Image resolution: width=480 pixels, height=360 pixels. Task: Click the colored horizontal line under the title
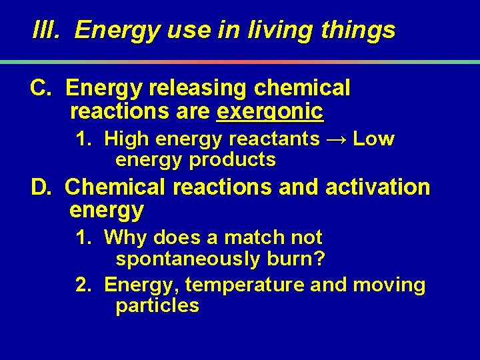(x=240, y=62)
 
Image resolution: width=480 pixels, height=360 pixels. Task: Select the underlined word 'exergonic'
(x=270, y=111)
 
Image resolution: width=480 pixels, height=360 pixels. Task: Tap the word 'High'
(x=127, y=139)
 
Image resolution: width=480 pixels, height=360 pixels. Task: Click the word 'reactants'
(x=274, y=139)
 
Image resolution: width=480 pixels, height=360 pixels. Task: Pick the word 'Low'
(x=373, y=139)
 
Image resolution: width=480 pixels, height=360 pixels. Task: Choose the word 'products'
(x=233, y=160)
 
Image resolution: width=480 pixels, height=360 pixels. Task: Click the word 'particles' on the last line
(x=157, y=306)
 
